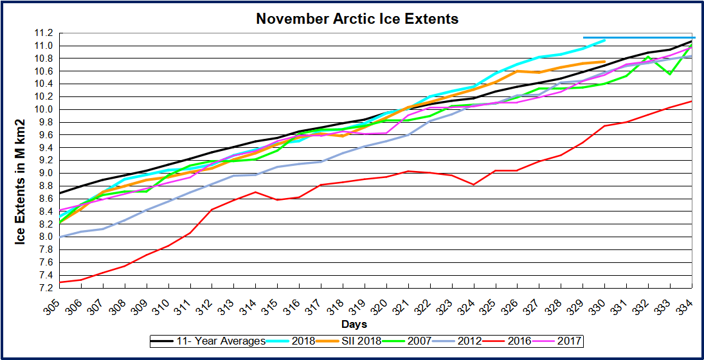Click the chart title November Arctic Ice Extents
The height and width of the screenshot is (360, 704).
click(357, 19)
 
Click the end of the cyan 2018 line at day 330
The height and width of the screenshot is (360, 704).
click(605, 40)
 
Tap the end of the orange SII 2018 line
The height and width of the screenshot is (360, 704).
click(605, 62)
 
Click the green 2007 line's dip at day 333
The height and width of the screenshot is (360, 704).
click(670, 74)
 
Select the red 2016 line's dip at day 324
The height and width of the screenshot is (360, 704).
click(474, 184)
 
